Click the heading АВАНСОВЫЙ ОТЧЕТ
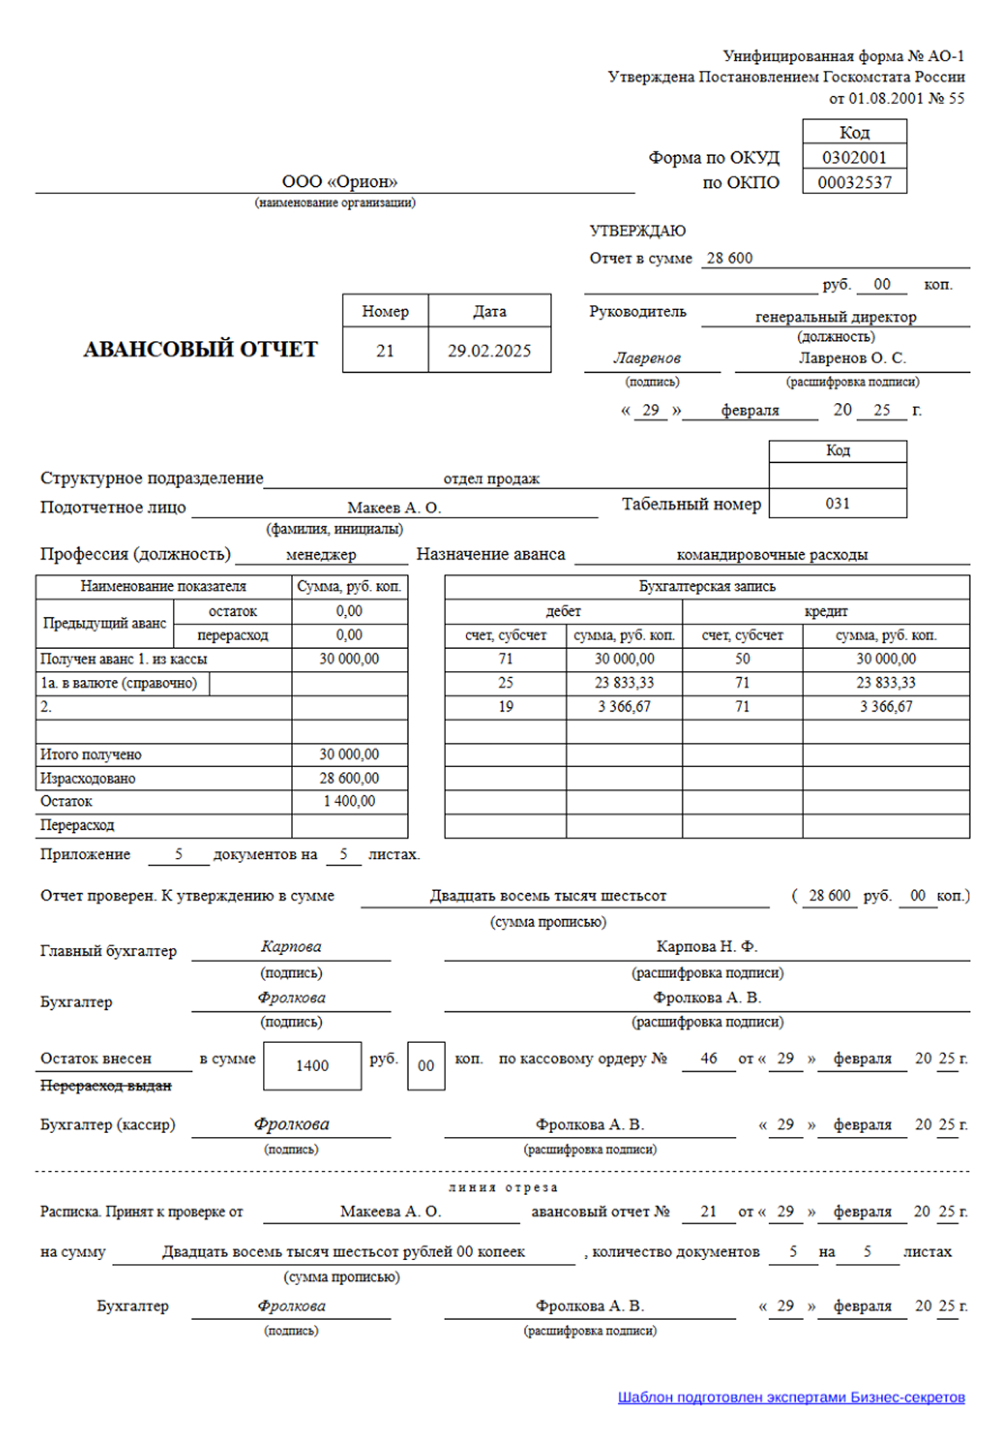(200, 349)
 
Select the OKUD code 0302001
(854, 157)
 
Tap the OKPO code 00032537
(854, 182)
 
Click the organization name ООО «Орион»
(340, 182)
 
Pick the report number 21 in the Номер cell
(385, 351)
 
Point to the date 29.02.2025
(489, 351)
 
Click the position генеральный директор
(836, 317)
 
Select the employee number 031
(837, 503)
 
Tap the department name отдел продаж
(491, 478)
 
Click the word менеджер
(321, 554)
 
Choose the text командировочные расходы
(771, 554)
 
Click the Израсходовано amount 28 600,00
(349, 778)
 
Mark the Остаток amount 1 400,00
(349, 801)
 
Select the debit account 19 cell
(506, 706)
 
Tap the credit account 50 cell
(742, 658)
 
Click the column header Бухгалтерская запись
(706, 587)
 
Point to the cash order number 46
(709, 1059)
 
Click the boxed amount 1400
(312, 1066)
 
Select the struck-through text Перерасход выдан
(106, 1085)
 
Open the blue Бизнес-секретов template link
(791, 1397)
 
